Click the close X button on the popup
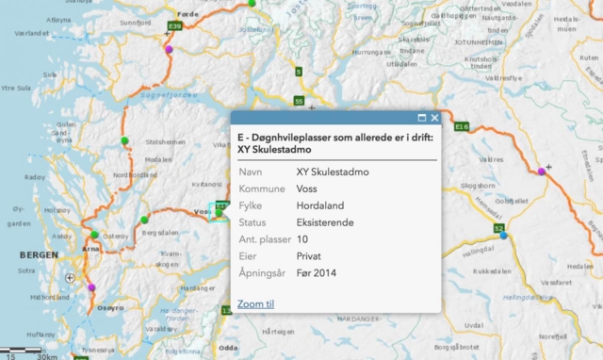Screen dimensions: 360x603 434,118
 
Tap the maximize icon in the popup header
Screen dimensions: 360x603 422,118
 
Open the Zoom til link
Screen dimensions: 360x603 255,303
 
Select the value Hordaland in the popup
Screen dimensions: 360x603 320,205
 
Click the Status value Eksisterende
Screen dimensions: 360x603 327,222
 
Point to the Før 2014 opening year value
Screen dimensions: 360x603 317,273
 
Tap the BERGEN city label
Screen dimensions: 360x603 39,255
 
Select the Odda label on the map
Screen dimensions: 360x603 227,348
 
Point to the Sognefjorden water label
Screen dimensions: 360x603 169,94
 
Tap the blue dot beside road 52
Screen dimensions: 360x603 504,236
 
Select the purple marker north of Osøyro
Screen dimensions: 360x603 91,286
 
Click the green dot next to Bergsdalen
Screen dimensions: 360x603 144,221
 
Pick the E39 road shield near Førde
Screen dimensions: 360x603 174,25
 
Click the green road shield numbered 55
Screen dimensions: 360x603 299,101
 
